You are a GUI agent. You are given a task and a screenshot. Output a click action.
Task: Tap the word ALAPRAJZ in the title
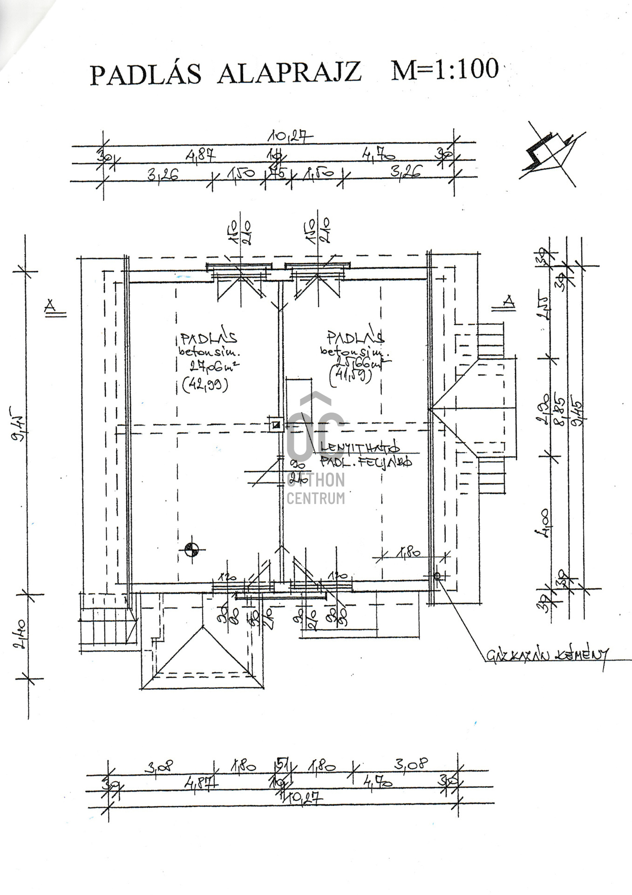[x=289, y=73]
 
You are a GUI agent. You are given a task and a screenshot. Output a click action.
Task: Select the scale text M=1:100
[x=445, y=69]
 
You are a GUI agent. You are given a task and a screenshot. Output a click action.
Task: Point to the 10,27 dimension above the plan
[x=290, y=137]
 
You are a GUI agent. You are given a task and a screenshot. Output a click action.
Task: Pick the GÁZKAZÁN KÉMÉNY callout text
[x=547, y=655]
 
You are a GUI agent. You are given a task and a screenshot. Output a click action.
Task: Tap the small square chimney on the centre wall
[x=276, y=425]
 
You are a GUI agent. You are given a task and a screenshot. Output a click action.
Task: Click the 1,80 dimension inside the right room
[x=408, y=553]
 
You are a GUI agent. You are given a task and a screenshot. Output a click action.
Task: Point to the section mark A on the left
[x=50, y=306]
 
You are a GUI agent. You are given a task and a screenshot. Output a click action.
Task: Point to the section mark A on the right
[x=509, y=302]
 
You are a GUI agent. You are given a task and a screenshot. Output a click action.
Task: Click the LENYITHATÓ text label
[x=360, y=447]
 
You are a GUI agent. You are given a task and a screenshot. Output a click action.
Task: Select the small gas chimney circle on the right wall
[x=437, y=576]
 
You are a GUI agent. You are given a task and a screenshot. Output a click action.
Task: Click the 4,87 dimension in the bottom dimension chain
[x=201, y=784]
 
